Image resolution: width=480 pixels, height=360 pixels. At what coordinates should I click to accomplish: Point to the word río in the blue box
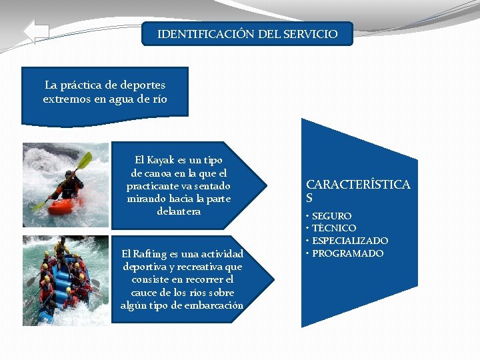tap(159, 99)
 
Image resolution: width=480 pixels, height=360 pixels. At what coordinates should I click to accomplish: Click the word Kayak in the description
tap(161, 160)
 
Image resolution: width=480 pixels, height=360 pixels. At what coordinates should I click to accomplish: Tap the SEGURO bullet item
tap(331, 216)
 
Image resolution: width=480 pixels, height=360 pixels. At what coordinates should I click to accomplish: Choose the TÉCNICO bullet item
tap(333, 228)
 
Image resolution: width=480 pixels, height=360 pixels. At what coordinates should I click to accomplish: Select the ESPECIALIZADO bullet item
tap(350, 241)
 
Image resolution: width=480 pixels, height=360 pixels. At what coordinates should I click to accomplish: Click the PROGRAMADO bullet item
tap(347, 253)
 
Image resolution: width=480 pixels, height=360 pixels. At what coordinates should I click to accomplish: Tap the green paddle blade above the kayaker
tap(84, 161)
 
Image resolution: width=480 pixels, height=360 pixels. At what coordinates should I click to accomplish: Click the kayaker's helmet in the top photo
tap(70, 174)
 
